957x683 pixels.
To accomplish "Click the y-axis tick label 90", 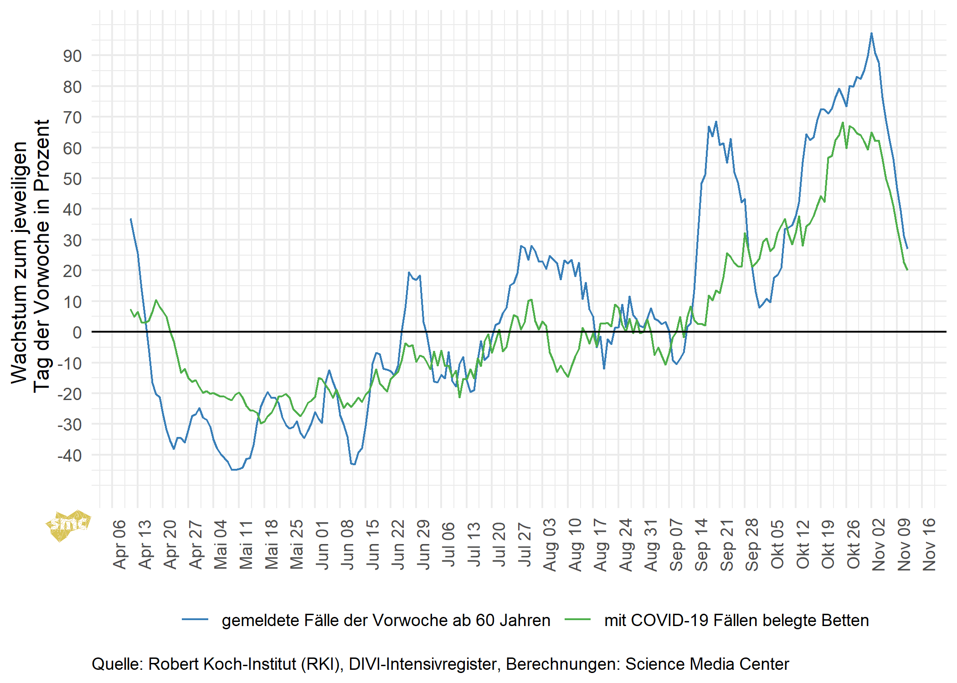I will tap(72, 56).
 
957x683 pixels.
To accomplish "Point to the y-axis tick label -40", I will tap(69, 455).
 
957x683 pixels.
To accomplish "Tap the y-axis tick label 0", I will tap(77, 332).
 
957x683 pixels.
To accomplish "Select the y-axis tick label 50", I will tap(72, 179).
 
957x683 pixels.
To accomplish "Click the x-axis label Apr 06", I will tap(119, 544).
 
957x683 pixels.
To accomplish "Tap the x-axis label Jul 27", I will tap(525, 544).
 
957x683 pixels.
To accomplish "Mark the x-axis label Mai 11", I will tap(246, 544).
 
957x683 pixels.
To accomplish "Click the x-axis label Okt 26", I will tap(853, 544).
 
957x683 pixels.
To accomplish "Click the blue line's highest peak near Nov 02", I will tap(871, 33).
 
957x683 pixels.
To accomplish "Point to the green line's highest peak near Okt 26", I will tap(843, 123).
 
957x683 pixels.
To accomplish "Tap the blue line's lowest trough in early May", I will tap(234, 469).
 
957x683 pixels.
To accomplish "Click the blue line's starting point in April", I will tap(131, 219).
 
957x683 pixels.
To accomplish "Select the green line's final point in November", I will tap(907, 270).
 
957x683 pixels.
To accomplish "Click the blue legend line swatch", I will tap(195, 620).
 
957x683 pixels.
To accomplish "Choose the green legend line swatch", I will tap(577, 620).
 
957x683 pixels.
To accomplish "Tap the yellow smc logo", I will tap(68, 525).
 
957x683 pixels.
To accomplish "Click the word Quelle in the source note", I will tap(117, 664).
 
